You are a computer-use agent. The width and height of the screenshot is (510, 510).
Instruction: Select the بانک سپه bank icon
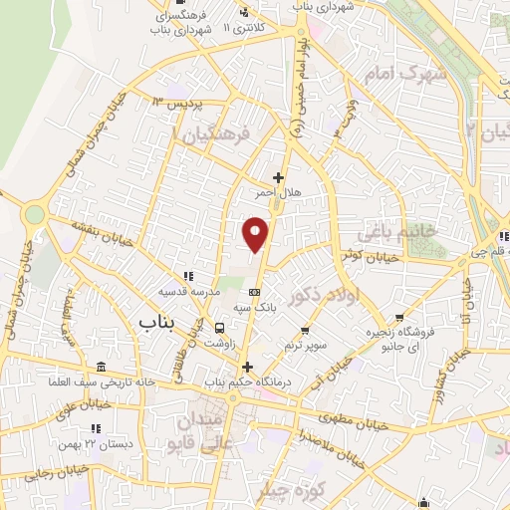254,292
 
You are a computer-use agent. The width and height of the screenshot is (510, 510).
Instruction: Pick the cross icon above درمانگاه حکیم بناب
247,366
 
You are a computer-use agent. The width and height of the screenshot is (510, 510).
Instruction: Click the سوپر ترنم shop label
304,345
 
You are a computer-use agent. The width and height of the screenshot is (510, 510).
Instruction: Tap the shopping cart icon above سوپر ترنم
304,330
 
